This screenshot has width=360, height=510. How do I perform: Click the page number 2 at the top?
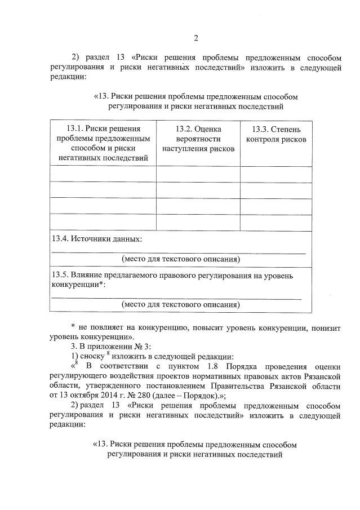pos(195,38)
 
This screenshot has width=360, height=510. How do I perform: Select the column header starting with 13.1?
pos(103,143)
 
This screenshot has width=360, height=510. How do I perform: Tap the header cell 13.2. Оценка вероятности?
pos(198,139)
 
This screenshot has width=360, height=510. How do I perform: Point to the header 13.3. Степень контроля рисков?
pos(276,134)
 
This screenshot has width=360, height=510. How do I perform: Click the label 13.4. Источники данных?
pos(96,238)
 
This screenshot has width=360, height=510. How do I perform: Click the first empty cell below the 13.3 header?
pos(276,174)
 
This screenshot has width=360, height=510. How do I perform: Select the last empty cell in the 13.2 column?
pos(198,222)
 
